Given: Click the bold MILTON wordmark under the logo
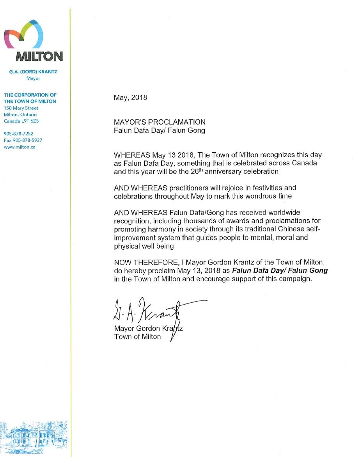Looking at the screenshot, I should pos(39,57).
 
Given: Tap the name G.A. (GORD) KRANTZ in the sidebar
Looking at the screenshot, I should pos(33,72).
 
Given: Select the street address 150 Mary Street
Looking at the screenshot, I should pos(21,108).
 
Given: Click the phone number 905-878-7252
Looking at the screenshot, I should pos(18,134).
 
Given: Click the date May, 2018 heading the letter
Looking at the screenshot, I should pos(130,98).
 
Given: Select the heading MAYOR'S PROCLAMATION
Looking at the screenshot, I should pos(160,123).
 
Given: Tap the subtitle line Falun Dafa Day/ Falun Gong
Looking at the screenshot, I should pos(159,131).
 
